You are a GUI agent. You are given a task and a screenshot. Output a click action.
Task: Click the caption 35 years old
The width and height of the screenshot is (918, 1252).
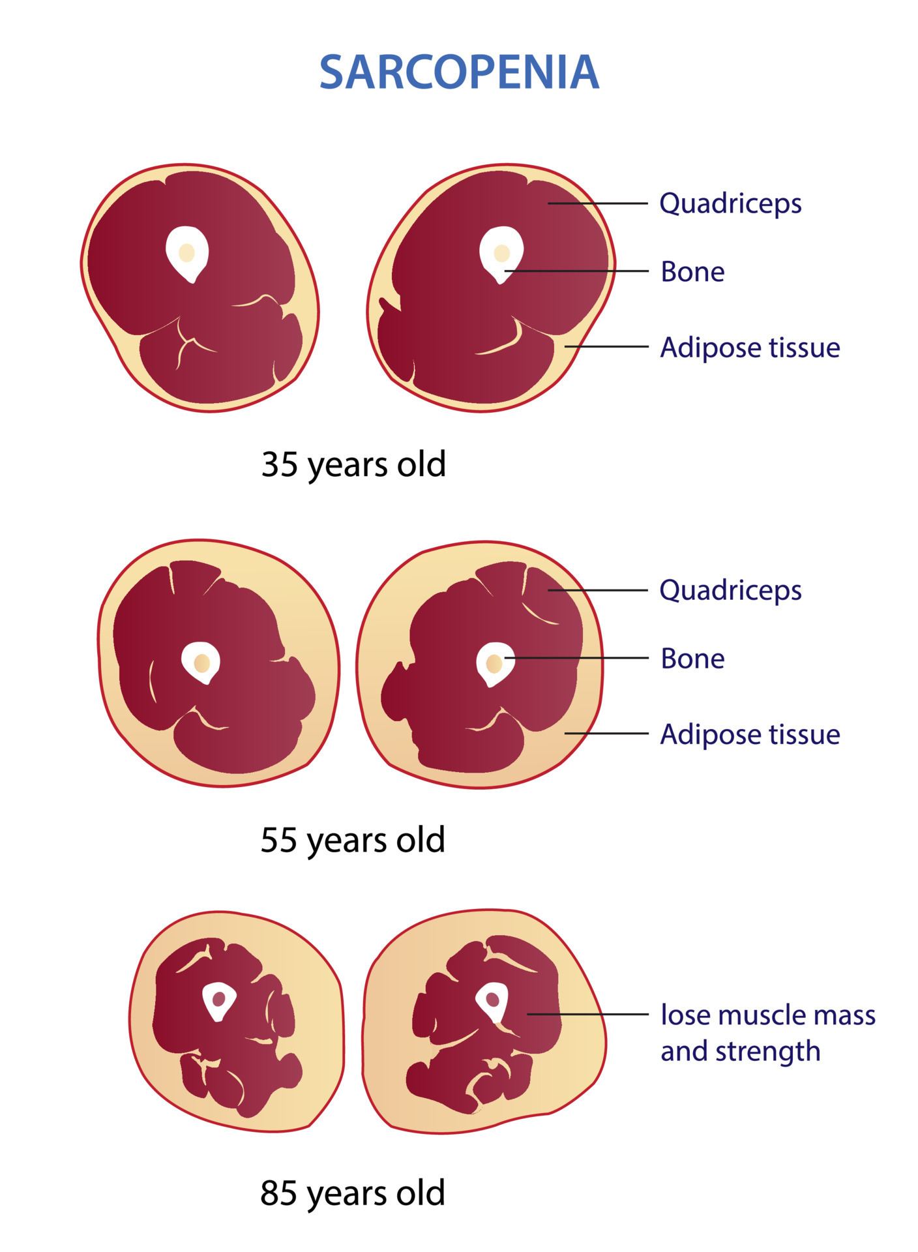pyautogui.click(x=353, y=465)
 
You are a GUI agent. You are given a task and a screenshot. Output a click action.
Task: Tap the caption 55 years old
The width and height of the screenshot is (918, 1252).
pyautogui.click(x=353, y=840)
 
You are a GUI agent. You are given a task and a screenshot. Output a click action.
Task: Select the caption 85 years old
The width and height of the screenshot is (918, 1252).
pyautogui.click(x=353, y=1193)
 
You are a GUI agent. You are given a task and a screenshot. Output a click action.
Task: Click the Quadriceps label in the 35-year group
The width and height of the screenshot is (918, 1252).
pyautogui.click(x=730, y=204)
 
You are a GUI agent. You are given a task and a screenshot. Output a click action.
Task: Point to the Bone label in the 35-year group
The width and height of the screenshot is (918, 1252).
pyautogui.click(x=692, y=272)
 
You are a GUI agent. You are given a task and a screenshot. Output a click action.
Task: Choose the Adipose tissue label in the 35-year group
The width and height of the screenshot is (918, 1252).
pyautogui.click(x=750, y=348)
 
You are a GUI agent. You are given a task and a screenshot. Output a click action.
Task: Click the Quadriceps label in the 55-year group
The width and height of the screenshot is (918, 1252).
pyautogui.click(x=730, y=591)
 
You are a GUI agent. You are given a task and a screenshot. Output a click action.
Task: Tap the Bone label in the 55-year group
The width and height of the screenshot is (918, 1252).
pyautogui.click(x=692, y=659)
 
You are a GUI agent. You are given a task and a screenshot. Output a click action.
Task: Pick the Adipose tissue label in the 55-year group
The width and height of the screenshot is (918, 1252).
pyautogui.click(x=750, y=734)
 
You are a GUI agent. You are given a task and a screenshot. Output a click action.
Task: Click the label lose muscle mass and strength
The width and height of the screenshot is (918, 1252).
pyautogui.click(x=768, y=1033)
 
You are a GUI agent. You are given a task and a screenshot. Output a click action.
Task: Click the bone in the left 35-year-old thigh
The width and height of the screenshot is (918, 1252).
pyautogui.click(x=187, y=254)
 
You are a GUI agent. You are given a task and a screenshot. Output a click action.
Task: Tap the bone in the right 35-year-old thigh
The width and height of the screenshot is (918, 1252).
pyautogui.click(x=501, y=254)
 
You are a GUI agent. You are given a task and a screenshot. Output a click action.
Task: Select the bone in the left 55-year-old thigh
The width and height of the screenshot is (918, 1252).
pyautogui.click(x=201, y=663)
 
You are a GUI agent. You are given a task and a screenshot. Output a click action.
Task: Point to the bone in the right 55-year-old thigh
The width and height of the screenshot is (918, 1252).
pyautogui.click(x=496, y=664)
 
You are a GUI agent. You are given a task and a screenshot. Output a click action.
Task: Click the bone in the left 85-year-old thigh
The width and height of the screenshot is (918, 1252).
pyautogui.click(x=218, y=1000)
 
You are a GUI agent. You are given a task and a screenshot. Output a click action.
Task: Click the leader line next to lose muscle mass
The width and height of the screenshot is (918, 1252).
pyautogui.click(x=587, y=1014)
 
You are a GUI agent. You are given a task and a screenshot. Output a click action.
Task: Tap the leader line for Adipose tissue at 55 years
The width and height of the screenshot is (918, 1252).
pyautogui.click(x=606, y=733)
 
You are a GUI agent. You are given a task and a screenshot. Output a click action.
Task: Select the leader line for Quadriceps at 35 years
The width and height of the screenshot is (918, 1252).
pyautogui.click(x=598, y=203)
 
